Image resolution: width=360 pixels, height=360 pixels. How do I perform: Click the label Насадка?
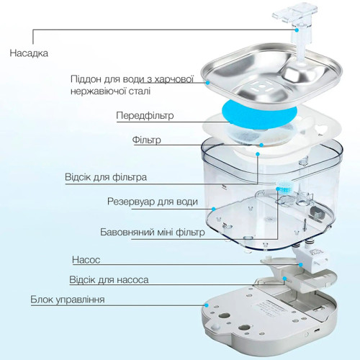pos(29,53)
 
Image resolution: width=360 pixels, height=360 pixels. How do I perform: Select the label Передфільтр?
pos(145,115)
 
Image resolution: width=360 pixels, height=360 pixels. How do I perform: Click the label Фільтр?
pos(146,140)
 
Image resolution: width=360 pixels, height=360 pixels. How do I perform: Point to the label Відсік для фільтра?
pos(106,177)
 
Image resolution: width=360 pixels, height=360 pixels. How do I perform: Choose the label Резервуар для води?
pos(153,202)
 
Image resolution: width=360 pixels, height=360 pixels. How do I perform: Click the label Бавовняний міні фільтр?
pos(153,232)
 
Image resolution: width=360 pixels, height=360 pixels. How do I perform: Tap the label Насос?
pos(86,260)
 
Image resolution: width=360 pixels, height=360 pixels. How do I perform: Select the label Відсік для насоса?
pos(109,280)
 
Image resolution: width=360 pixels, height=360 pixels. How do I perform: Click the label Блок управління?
pos(68,300)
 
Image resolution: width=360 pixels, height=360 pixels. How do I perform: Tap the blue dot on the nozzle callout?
pos(297,30)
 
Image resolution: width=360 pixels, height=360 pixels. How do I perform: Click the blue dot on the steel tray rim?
pos(208,83)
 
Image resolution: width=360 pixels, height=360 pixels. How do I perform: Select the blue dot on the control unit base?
pos(206,305)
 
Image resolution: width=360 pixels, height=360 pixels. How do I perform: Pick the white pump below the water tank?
pos(310,259)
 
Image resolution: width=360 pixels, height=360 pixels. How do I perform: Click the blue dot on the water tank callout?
pos(213,209)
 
